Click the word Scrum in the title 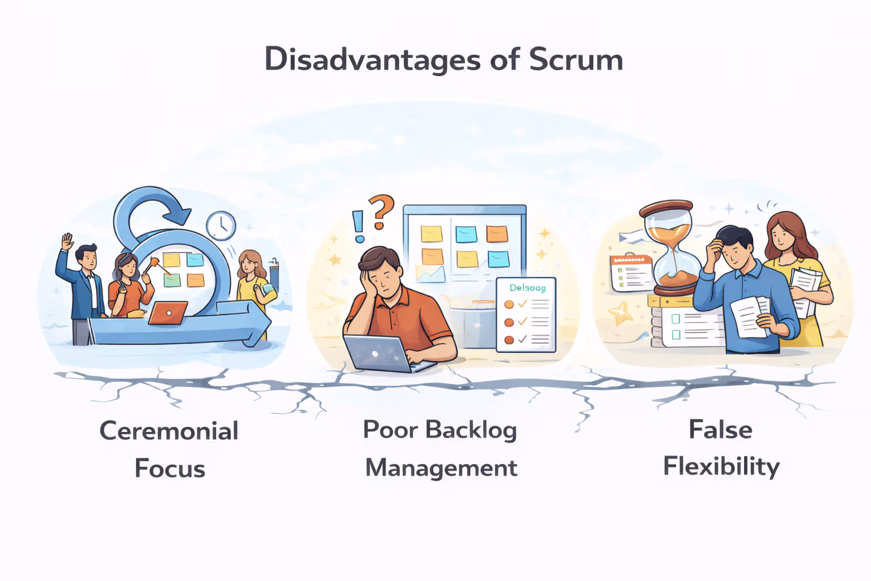576,60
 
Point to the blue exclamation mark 358,226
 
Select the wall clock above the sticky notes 221,225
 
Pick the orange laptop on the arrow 168,313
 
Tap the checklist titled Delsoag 526,315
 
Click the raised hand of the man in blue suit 67,241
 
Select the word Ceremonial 169,431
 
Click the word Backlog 471,430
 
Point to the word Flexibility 721,467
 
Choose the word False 720,430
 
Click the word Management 441,468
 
